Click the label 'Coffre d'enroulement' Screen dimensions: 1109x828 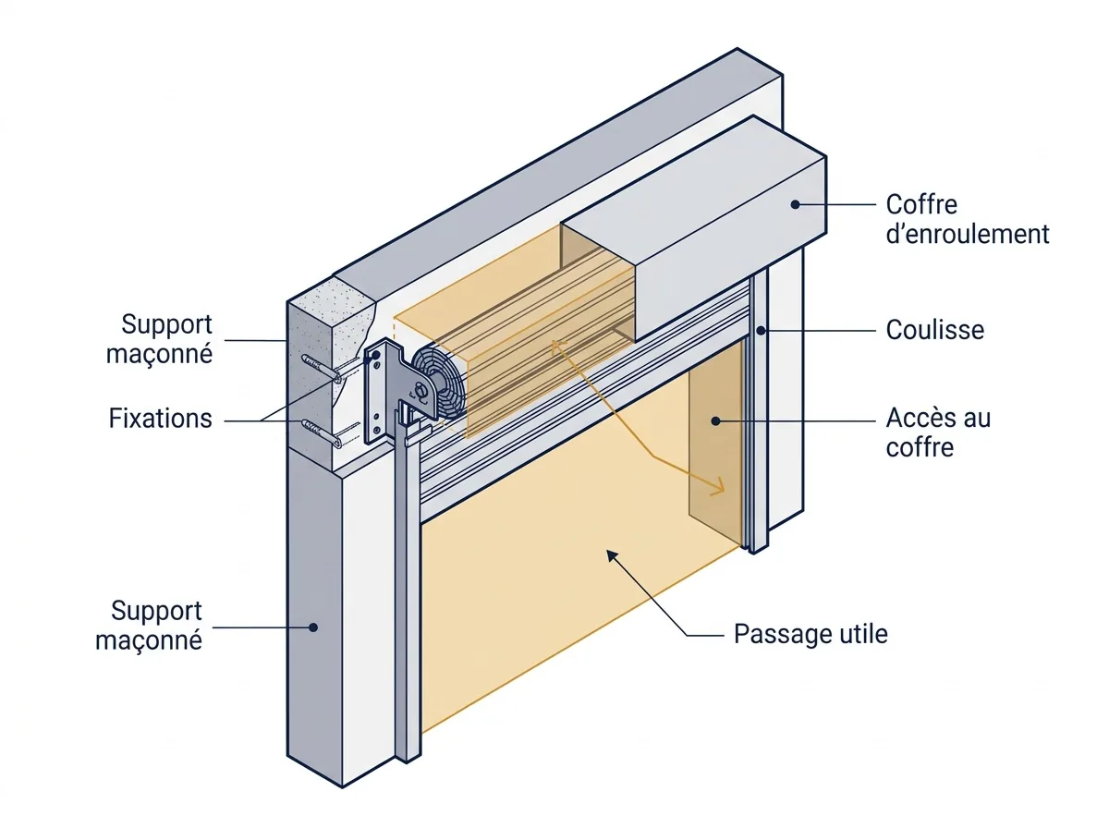tap(967, 219)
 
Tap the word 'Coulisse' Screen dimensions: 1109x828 tap(934, 330)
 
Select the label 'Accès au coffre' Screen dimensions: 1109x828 tap(938, 432)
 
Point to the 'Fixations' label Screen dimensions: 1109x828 tap(160, 419)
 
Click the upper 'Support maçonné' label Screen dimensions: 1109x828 tap(159, 338)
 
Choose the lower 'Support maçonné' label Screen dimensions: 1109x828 tap(149, 625)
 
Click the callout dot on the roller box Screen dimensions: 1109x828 tap(796, 204)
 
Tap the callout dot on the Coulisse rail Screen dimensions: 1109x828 tap(761, 331)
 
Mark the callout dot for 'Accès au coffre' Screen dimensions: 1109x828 tap(715, 420)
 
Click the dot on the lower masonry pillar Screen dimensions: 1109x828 tap(313, 627)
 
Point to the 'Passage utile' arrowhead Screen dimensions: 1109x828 tap(612, 555)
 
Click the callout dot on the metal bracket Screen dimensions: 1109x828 tap(375, 355)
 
